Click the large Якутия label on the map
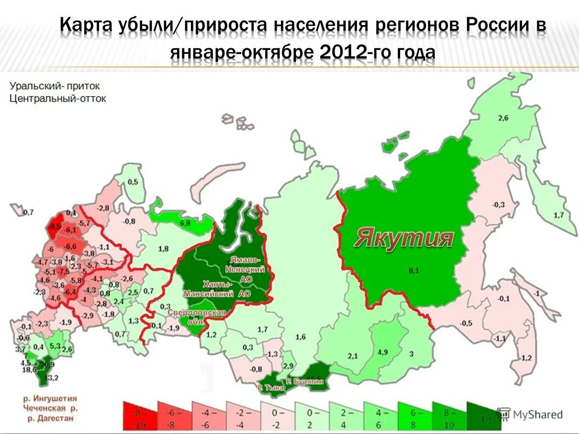(404, 238)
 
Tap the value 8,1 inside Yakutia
(414, 271)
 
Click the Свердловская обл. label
(197, 316)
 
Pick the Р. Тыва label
(271, 387)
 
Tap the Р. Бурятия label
(305, 381)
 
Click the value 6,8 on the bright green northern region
(185, 223)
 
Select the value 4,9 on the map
(383, 352)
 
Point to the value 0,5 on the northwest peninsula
(133, 182)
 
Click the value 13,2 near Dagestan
(51, 378)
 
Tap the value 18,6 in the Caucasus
(29, 369)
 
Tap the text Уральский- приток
(55, 86)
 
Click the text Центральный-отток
(58, 99)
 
